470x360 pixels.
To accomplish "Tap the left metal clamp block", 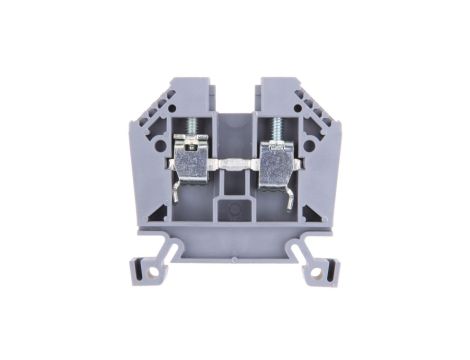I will (193, 160).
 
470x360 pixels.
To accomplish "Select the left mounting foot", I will (150, 262).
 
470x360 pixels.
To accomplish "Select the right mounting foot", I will (318, 262).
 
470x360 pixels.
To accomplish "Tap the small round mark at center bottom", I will (234, 211).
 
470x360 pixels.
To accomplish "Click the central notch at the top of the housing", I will (234, 95).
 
